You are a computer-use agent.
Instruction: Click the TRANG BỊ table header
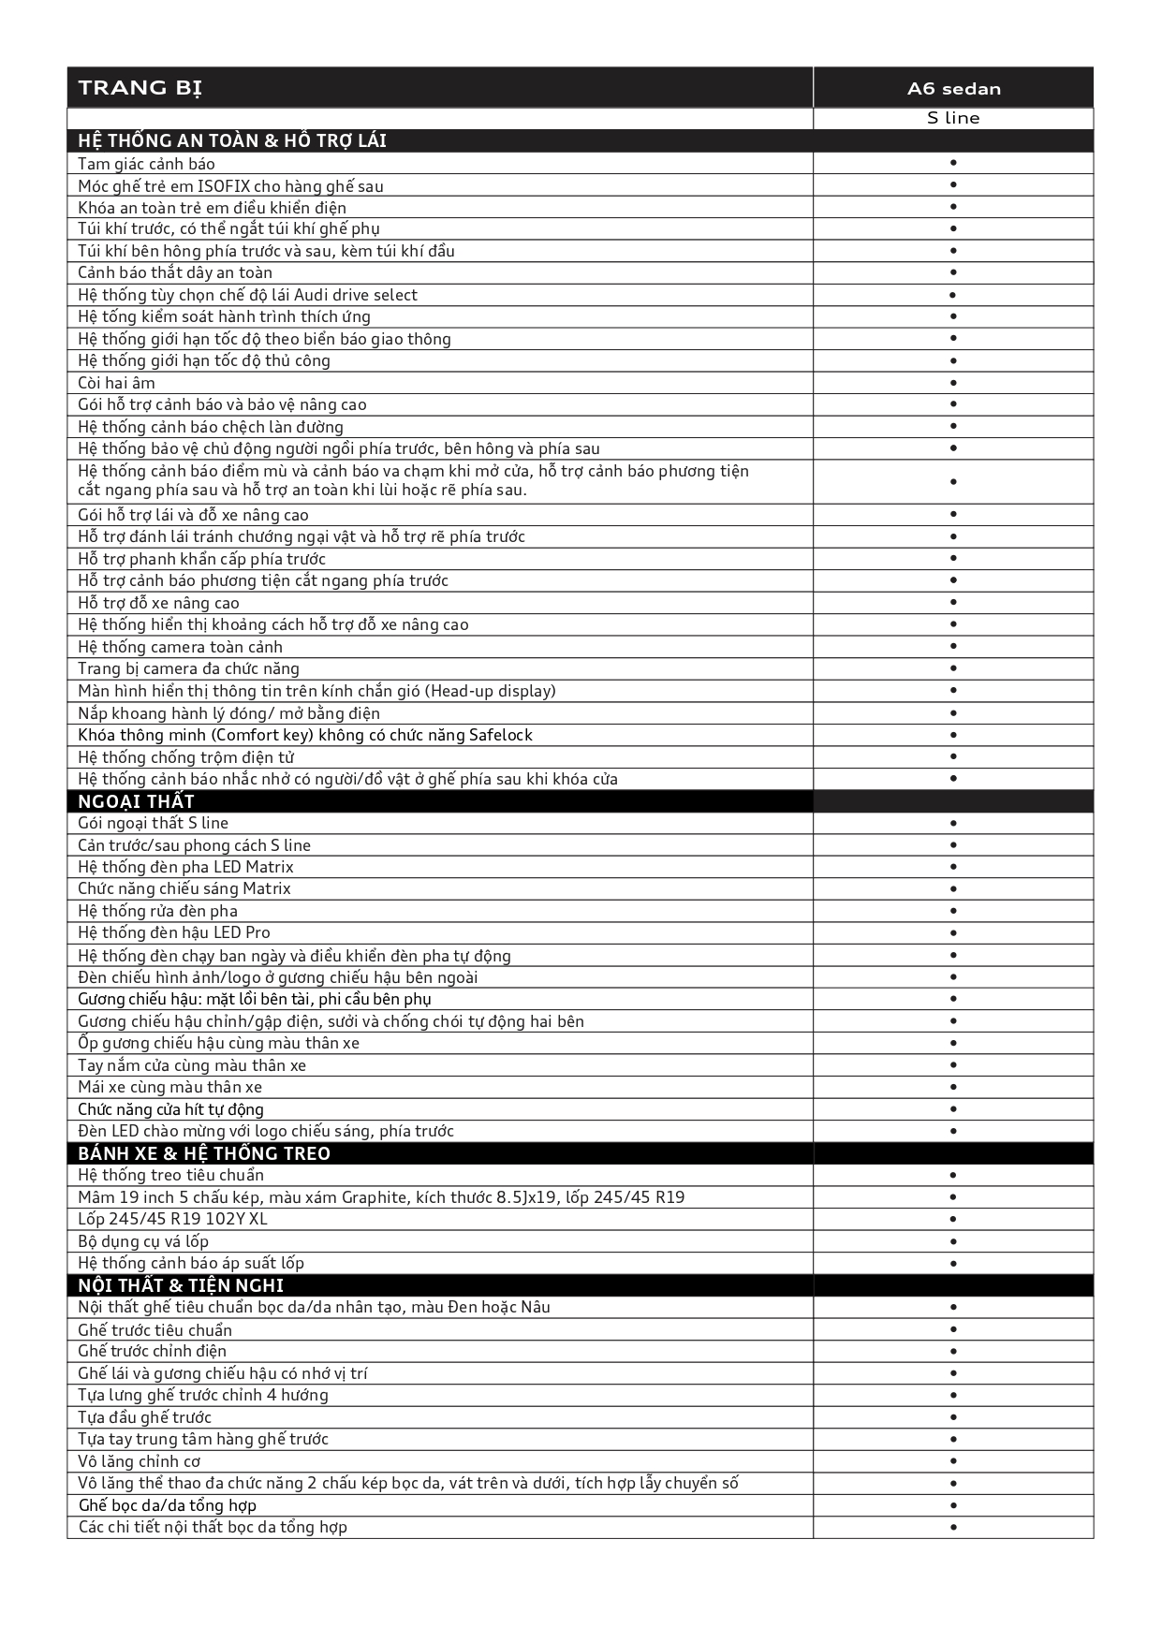click(140, 88)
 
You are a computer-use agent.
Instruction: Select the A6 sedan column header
click(953, 89)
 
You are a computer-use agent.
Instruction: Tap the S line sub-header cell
click(953, 118)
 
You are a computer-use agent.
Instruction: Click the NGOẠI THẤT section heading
click(136, 801)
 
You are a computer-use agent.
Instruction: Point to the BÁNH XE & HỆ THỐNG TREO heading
click(204, 1153)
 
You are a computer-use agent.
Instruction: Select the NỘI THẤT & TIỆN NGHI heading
click(181, 1285)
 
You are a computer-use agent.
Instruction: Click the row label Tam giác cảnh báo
click(146, 164)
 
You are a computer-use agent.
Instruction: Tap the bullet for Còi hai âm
click(953, 383)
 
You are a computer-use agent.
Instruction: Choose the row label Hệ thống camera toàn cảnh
click(180, 647)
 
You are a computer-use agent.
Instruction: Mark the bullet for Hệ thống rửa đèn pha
click(953, 911)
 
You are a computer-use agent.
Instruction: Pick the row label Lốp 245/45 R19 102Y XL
click(172, 1219)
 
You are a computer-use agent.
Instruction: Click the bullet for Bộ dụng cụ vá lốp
click(953, 1241)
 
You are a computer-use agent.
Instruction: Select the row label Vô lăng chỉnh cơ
click(139, 1461)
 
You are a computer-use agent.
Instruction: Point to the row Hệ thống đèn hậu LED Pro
click(174, 932)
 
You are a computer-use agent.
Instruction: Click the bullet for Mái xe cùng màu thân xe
click(953, 1087)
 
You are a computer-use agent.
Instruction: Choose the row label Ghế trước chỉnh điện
click(152, 1351)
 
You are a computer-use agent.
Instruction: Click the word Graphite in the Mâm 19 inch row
click(375, 1197)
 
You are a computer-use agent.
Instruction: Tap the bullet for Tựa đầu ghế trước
click(953, 1417)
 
